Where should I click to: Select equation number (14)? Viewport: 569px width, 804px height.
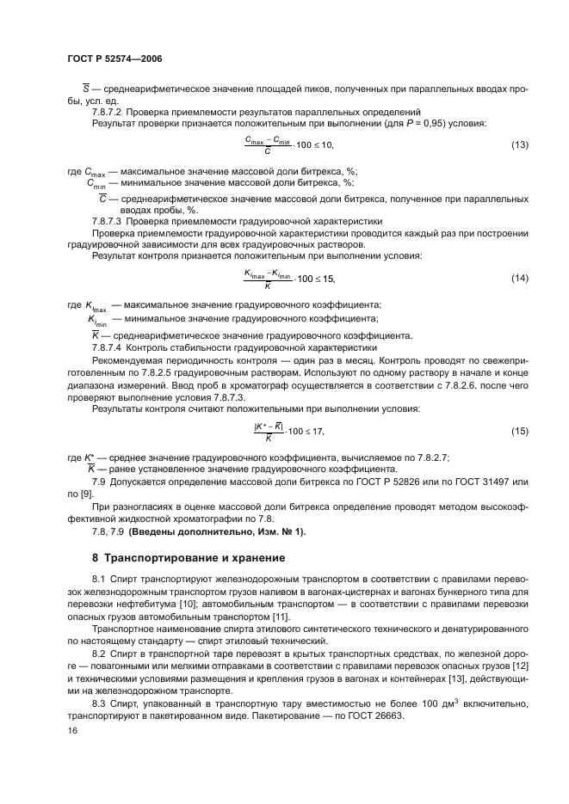(x=519, y=278)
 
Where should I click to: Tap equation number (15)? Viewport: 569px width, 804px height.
(x=519, y=429)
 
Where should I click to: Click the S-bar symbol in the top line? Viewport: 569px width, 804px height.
(x=75, y=88)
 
